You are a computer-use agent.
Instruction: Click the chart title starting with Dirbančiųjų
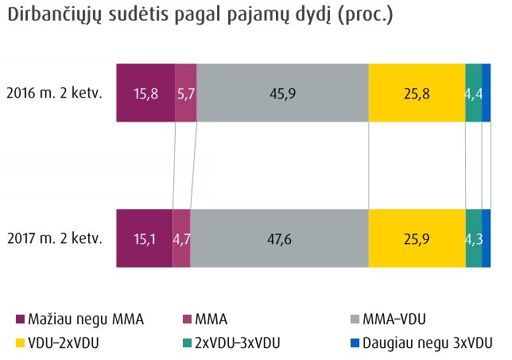[x=200, y=16]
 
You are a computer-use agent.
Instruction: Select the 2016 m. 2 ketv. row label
[x=54, y=93]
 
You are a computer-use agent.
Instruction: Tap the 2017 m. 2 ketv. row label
[x=54, y=238]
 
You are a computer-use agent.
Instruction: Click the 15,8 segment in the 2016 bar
[x=145, y=93]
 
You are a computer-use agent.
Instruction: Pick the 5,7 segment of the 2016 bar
[x=185, y=93]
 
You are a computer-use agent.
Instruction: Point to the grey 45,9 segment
[x=282, y=93]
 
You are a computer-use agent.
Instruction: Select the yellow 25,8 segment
[x=417, y=93]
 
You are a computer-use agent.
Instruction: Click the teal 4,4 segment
[x=473, y=93]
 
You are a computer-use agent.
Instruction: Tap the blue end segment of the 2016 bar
[x=486, y=93]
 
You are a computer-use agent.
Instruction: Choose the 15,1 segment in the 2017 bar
[x=144, y=238]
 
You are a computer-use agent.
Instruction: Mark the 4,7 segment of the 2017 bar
[x=181, y=238]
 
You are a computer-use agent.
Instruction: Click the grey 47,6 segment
[x=279, y=238]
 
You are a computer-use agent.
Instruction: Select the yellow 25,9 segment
[x=417, y=238]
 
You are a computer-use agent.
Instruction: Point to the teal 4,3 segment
[x=473, y=238]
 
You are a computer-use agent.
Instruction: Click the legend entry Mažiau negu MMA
[x=80, y=319]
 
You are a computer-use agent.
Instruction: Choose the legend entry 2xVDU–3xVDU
[x=231, y=343]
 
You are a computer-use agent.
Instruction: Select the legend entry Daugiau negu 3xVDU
[x=421, y=343]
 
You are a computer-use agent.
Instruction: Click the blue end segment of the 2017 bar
[x=486, y=238]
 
